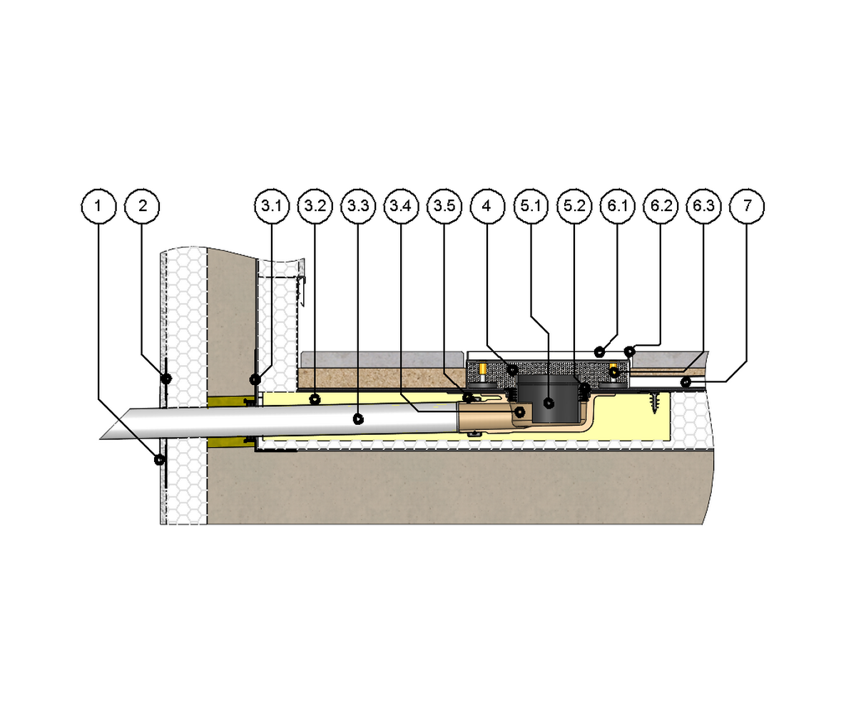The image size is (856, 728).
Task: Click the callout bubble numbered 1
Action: [98, 206]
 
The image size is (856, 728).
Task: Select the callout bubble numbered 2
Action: [142, 206]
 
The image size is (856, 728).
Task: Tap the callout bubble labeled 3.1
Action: [272, 206]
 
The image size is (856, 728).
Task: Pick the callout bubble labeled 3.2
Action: [315, 206]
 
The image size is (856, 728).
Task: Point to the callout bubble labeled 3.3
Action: [358, 206]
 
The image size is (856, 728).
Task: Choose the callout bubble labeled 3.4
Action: [402, 206]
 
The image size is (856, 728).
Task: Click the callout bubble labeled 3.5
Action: [444, 206]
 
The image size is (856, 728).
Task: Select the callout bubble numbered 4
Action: [487, 206]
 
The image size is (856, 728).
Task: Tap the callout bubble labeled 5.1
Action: [531, 206]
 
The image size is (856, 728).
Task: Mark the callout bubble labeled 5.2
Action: [574, 206]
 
